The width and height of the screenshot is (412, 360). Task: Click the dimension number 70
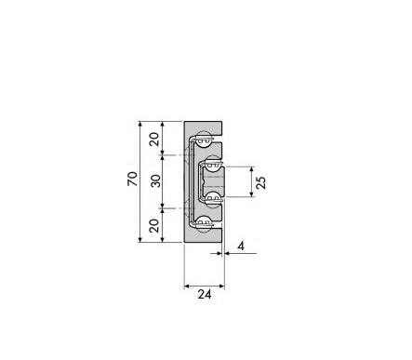tap(132, 179)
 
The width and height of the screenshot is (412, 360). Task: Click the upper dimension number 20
tap(154, 139)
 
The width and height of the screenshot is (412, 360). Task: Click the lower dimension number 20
tap(154, 226)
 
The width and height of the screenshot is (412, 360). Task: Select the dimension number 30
tap(156, 180)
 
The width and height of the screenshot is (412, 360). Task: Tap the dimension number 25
tap(261, 182)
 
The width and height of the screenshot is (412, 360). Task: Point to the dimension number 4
tap(241, 246)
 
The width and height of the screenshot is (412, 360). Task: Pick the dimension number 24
tap(205, 294)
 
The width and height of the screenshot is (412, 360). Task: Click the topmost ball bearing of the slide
tap(204, 139)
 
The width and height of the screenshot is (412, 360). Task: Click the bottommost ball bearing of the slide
tap(204, 224)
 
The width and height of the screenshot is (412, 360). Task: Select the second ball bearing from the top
tap(212, 163)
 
